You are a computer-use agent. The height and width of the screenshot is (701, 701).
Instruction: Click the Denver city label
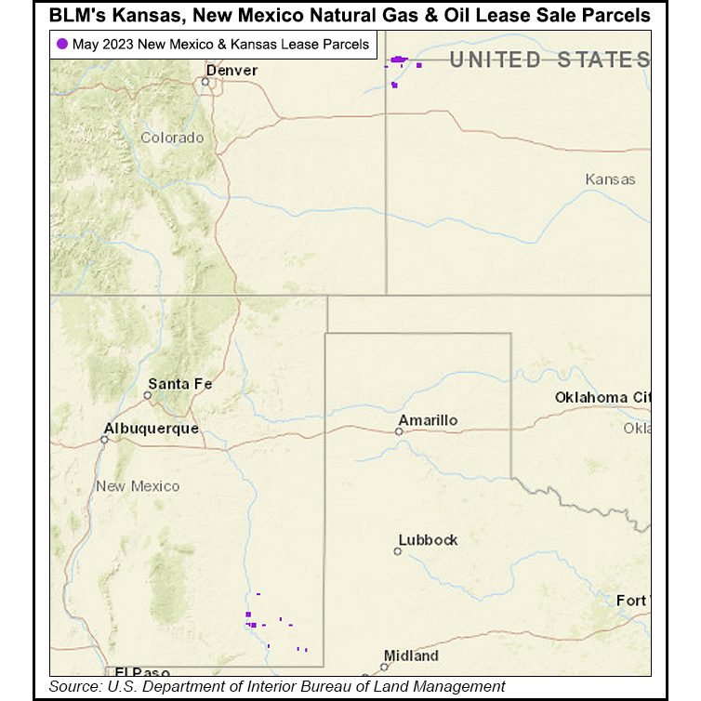pos(231,71)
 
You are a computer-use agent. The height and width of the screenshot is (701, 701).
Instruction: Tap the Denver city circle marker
pos(205,81)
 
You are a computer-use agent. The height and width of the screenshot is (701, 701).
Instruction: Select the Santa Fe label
pos(180,384)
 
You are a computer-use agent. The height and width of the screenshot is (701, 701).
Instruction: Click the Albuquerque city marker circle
pos(105,440)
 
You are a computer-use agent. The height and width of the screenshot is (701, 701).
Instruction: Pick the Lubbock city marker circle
pos(398,551)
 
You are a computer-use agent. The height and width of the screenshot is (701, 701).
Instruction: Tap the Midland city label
pos(411,655)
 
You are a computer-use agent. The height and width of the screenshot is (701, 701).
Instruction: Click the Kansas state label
pos(610,179)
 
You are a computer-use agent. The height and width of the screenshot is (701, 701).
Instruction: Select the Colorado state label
pos(172,138)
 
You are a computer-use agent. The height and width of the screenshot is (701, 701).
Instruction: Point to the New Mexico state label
pos(138,486)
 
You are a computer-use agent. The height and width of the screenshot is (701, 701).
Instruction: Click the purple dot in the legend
pos(61,44)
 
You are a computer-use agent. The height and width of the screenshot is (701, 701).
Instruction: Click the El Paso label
pos(138,671)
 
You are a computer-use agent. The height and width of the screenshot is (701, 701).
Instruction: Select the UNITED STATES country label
pos(549,60)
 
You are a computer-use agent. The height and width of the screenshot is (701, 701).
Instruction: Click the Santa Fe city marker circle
pos(147,395)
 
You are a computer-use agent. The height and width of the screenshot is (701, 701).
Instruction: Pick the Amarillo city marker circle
pos(399,431)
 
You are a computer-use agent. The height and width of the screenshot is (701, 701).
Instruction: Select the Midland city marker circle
pos(384,667)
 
